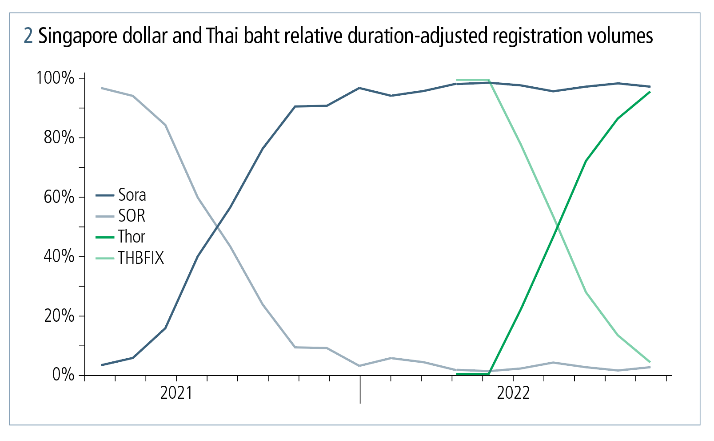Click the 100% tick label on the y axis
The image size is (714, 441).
click(x=55, y=78)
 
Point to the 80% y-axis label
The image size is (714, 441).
click(x=59, y=138)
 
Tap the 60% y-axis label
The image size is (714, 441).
click(x=59, y=197)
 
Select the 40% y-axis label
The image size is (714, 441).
click(x=59, y=257)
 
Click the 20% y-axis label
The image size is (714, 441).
click(x=59, y=316)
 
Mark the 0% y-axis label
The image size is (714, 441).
click(x=63, y=375)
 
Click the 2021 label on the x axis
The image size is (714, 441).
click(x=176, y=393)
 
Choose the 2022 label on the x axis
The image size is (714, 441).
click(x=513, y=393)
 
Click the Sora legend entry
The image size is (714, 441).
click(x=132, y=195)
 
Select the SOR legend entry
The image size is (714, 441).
click(x=132, y=216)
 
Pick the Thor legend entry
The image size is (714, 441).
click(x=131, y=237)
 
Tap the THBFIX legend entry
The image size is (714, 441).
click(x=140, y=258)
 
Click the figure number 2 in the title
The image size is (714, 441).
click(x=28, y=36)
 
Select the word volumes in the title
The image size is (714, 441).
click(x=622, y=36)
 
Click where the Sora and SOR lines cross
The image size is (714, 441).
click(x=217, y=227)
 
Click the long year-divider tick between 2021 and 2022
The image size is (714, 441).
click(x=360, y=389)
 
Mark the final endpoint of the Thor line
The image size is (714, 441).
click(x=650, y=92)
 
